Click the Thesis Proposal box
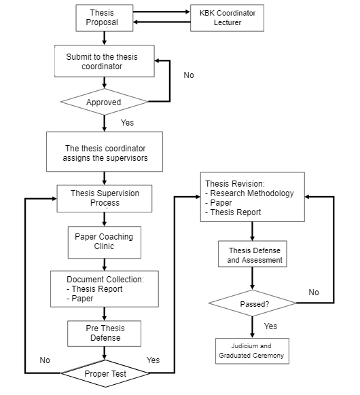105,18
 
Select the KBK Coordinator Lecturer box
227,18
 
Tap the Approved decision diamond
105,102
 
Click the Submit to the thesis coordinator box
105,61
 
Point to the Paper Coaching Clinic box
105,242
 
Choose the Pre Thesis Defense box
104,333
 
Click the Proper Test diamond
105,373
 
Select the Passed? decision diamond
253,303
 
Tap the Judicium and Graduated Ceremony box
252,351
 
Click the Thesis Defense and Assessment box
253,254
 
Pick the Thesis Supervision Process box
105,198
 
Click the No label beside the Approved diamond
189,75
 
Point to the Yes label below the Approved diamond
127,123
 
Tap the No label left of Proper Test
45,360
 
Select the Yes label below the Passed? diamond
270,326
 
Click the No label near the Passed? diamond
314,293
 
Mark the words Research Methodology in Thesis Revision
252,193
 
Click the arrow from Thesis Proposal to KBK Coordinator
162,12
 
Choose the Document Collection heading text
105,280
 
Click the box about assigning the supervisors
105,151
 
